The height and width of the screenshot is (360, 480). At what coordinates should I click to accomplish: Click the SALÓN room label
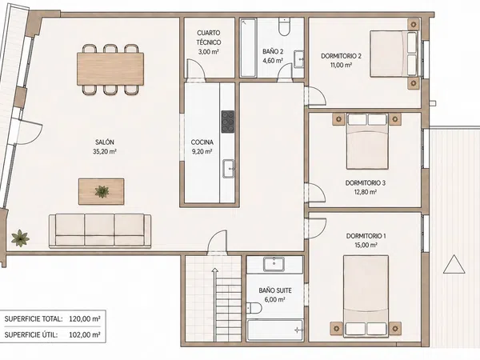pos(105,142)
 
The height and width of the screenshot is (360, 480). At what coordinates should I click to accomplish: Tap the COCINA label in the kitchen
pos(202,142)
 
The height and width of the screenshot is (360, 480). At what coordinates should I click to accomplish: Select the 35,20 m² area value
pos(105,151)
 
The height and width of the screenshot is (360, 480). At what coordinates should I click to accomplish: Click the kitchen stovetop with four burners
pos(228,122)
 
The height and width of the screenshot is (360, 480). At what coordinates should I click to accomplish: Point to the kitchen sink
pos(228,168)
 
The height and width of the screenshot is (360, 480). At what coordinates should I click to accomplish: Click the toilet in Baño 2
pos(284,27)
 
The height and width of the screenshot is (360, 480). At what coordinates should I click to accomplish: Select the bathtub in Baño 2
pos(248,48)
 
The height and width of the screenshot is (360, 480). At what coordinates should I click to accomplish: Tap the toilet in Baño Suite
pos(254,308)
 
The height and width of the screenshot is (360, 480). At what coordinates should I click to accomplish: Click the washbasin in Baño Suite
pos(274,264)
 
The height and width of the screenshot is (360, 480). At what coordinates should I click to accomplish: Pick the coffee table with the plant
pos(102,192)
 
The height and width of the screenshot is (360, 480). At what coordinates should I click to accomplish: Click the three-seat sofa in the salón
pos(100,230)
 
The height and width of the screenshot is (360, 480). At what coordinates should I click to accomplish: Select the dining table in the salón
pos(110,69)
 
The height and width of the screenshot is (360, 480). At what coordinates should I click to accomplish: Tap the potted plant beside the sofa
pos(20,238)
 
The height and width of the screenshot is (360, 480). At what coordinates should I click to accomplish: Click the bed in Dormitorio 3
pos(367,142)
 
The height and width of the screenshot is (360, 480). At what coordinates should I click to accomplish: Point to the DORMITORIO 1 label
pos(366,236)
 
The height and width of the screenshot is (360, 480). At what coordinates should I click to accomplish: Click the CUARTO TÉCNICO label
pos(209,38)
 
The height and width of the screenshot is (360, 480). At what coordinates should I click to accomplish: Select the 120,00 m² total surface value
pos(85,319)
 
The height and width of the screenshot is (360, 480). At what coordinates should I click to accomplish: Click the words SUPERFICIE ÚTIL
pos(31,335)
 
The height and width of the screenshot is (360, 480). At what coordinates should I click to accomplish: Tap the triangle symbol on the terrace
pos(454,264)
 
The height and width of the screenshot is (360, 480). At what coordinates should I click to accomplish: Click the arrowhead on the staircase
pos(215,270)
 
